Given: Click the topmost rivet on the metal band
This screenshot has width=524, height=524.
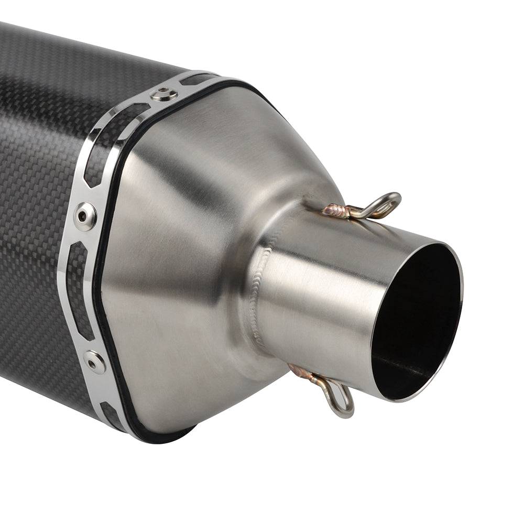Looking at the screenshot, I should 163,94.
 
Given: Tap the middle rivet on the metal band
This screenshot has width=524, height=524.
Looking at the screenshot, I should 85,215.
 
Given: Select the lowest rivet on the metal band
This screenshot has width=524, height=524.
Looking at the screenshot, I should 95,362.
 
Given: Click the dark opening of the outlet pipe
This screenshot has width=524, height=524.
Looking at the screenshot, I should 414,320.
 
